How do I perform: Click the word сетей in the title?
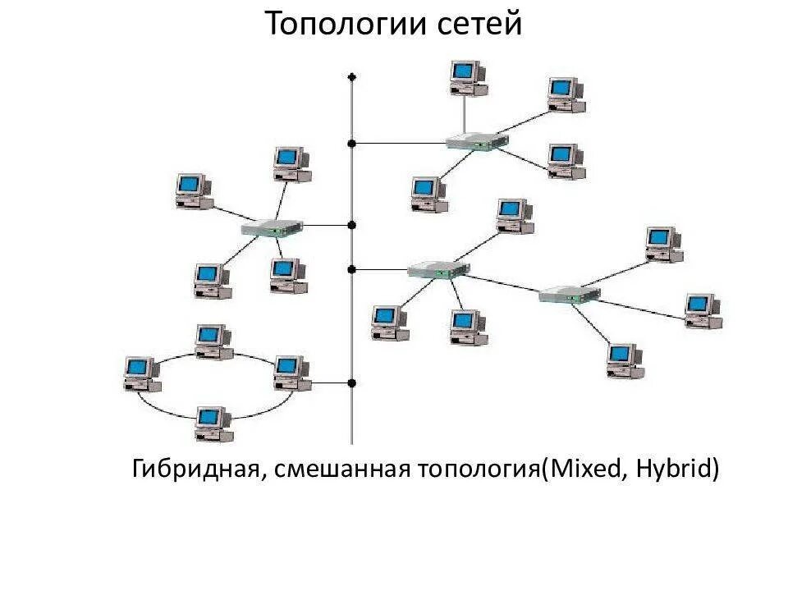[483, 25]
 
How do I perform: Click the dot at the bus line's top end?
[352, 77]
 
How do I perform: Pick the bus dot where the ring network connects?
[352, 383]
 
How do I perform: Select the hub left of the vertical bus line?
[272, 227]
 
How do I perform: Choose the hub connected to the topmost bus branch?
[477, 141]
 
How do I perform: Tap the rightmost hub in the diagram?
[570, 293]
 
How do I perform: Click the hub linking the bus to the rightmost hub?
[438, 268]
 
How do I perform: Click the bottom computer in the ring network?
[213, 422]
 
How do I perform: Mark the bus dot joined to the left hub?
[352, 225]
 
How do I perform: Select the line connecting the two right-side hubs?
[505, 282]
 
